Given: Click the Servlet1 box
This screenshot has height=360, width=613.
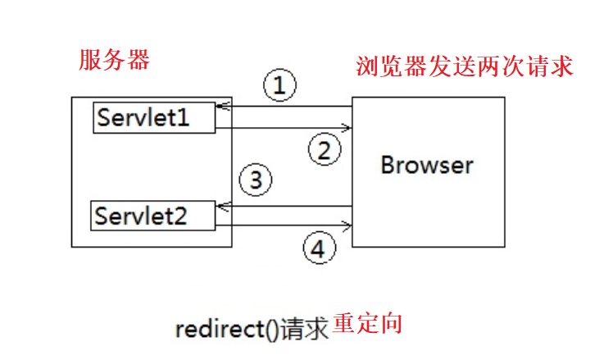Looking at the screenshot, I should click(x=154, y=117).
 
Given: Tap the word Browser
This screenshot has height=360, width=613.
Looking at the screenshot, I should click(x=427, y=165).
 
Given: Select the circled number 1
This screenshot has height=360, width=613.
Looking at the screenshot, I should click(x=279, y=84).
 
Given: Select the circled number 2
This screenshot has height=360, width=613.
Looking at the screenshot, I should click(x=324, y=149).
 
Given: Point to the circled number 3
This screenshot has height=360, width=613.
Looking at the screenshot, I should click(x=255, y=180).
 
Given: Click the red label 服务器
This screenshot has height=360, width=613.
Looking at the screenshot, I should click(x=115, y=60).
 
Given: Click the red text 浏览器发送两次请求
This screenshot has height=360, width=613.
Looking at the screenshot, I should click(x=464, y=66).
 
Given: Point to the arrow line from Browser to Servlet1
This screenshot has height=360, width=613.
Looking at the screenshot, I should click(x=287, y=107).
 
